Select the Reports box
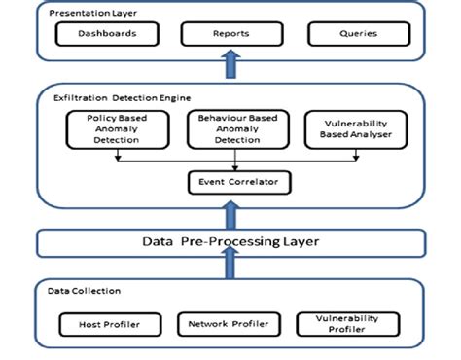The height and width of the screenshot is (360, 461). click(230, 34)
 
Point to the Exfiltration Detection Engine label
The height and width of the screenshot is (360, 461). click(110, 97)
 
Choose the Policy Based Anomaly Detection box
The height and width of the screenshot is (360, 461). click(106, 128)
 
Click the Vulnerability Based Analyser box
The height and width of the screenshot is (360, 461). click(352, 128)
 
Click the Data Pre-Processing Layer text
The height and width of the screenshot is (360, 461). click(230, 241)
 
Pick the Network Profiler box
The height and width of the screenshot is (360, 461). click(228, 323)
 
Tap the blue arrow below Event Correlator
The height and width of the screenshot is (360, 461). click(230, 211)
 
